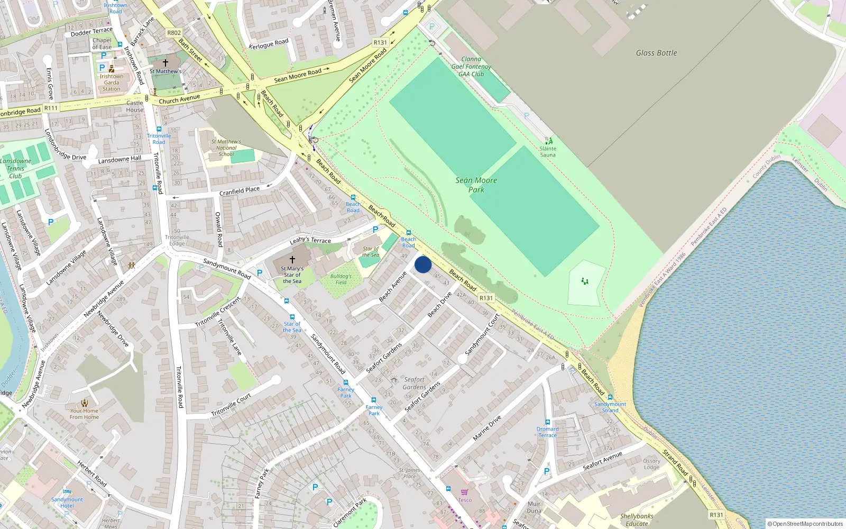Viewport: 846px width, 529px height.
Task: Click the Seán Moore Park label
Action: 476,185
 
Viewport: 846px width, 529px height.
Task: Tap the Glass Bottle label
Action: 656,53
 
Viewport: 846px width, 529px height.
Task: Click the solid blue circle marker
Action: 423,264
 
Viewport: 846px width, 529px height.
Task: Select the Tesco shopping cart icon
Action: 464,492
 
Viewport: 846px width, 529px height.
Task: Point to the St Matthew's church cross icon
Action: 165,62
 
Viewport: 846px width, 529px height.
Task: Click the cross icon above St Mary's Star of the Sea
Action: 292,260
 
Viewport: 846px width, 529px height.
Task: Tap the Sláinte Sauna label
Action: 548,152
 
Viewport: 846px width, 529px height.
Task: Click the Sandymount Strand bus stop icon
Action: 610,397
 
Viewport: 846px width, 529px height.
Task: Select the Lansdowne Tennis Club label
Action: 15,168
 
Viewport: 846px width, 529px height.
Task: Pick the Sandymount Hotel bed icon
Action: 67,491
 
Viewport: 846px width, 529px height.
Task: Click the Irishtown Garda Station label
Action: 112,83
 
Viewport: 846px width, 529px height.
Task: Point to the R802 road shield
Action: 174,33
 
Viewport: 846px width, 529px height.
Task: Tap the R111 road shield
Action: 51,108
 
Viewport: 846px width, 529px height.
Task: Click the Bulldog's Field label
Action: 341,279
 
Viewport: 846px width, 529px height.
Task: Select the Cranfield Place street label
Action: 240,191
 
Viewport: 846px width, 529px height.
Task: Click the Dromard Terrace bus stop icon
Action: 547,422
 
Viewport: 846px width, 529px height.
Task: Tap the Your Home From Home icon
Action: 85,403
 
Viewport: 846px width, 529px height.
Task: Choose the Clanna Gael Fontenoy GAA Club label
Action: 471,67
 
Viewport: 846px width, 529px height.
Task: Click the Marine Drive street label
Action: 487,428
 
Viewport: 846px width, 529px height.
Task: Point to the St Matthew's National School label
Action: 226,148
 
